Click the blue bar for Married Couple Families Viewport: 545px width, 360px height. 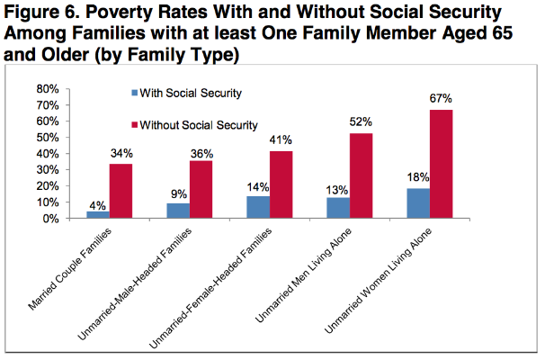point(97,214)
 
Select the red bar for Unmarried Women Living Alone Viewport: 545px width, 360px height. point(442,164)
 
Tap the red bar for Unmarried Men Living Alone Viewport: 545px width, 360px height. point(361,175)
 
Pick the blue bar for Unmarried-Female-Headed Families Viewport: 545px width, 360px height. point(257,207)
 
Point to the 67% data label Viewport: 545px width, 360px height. point(442,101)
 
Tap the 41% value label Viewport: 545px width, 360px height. point(281,141)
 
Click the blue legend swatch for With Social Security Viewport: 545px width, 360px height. point(133,93)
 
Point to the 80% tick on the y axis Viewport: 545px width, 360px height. point(47,89)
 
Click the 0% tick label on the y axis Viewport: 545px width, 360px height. point(50,219)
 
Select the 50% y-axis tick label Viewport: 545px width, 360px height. point(47,138)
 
